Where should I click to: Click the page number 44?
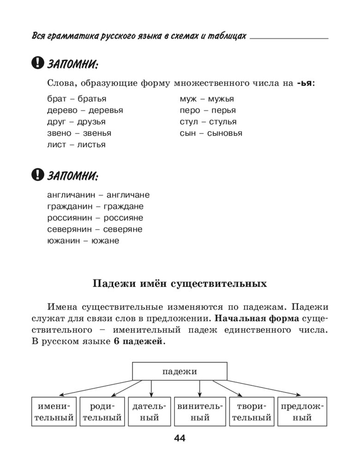point(180,438)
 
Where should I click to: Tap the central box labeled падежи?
point(180,371)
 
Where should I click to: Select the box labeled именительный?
point(54,412)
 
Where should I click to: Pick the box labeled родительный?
point(102,412)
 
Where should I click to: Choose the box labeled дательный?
point(149,412)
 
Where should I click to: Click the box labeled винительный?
point(200,412)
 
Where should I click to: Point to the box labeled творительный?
point(251,412)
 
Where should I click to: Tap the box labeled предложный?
point(302,412)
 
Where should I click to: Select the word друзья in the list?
point(91,122)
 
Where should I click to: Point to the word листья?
point(91,145)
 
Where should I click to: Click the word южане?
point(105,241)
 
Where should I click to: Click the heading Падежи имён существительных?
point(180,283)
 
